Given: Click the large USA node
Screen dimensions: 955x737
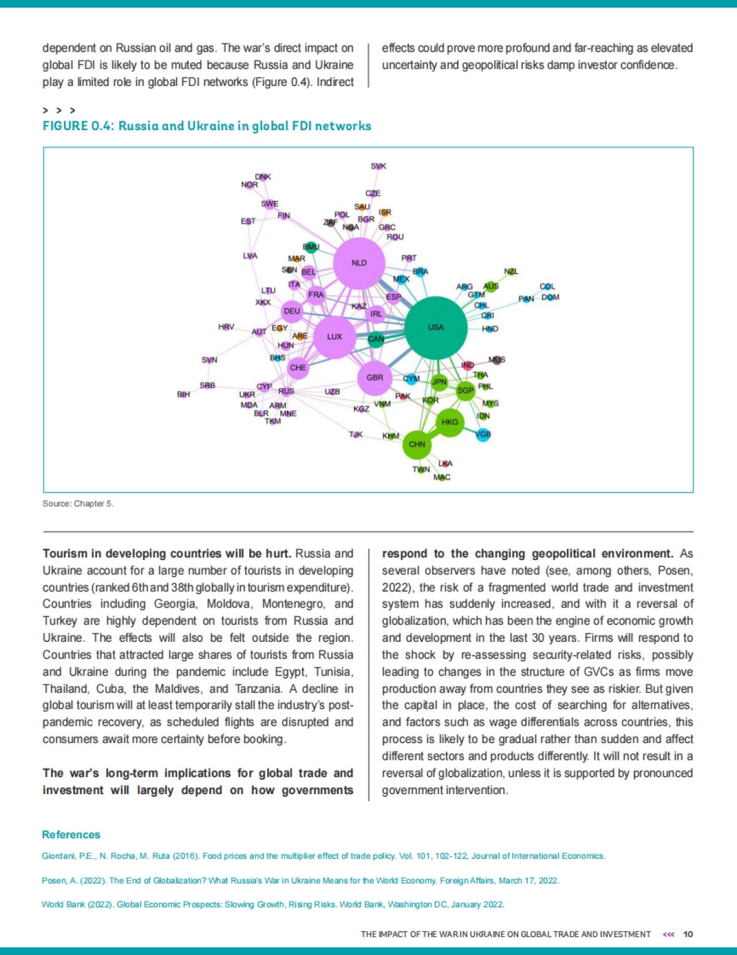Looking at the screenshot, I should coord(435,328).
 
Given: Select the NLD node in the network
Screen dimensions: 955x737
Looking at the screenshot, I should coord(359,263).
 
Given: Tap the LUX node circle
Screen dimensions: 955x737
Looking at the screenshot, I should coord(335,337).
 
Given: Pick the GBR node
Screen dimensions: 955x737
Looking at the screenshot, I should coord(375,378).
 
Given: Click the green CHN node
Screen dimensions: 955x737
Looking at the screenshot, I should coord(417,444).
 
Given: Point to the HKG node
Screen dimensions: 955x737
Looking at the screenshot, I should coord(450,422).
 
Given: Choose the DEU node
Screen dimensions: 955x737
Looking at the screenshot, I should coord(292,311).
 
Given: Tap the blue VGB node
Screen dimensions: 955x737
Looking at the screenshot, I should coord(483,435).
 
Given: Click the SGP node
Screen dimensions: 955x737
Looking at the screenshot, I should coord(465,390).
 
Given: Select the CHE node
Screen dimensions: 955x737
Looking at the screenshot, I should coord(298,368).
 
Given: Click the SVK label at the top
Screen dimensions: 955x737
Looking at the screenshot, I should coord(378,166).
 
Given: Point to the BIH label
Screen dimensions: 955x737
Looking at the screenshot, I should coord(183,394).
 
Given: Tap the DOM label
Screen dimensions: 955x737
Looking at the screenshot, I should coord(550,297).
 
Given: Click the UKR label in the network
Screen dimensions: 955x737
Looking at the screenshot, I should coord(247,394).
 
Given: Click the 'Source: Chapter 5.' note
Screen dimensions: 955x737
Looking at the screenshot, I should coord(78,504).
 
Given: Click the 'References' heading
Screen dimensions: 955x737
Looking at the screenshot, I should coord(71,835).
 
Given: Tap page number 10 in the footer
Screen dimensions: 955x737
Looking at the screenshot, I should coord(688,934).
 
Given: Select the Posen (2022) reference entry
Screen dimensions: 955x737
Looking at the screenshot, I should coord(300,881).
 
